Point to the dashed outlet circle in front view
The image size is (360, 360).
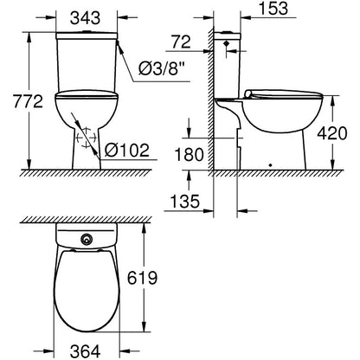pos(84,139)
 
